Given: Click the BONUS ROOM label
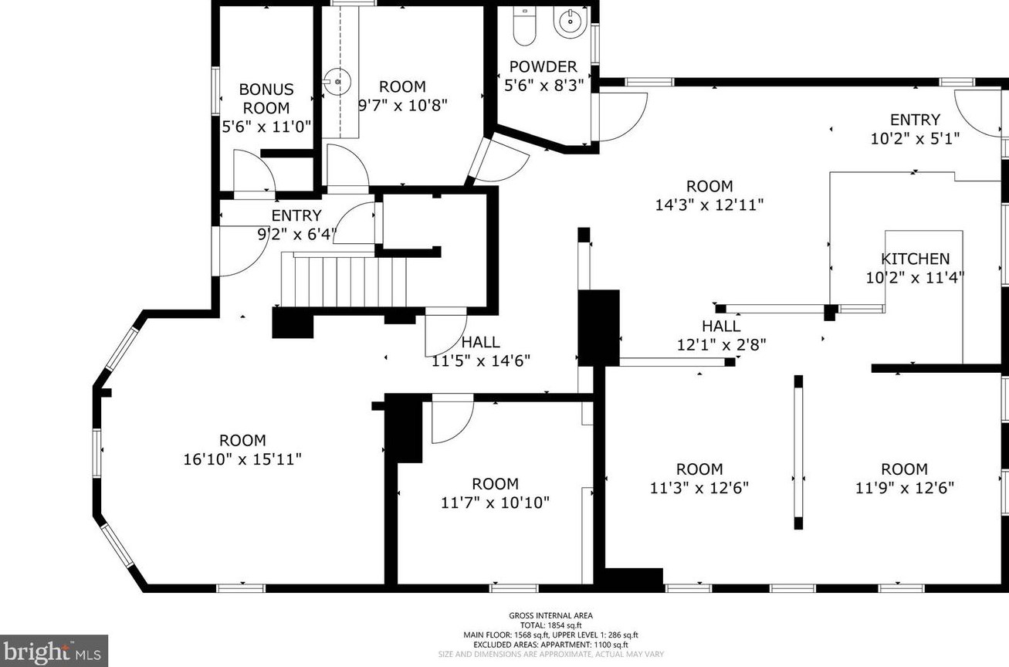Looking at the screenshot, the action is pyautogui.click(x=266, y=99).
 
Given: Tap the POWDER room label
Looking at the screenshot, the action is pyautogui.click(x=543, y=66).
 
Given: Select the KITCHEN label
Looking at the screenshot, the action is pyautogui.click(x=916, y=259).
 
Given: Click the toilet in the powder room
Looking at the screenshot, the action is pyautogui.click(x=524, y=25).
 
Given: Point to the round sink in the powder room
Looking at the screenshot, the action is pyautogui.click(x=571, y=21).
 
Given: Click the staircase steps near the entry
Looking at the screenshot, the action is pyautogui.click(x=344, y=279).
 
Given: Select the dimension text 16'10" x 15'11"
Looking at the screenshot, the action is pyautogui.click(x=242, y=459).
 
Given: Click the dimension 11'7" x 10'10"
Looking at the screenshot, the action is pyautogui.click(x=495, y=503).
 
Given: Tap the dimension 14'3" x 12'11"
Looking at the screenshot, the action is pyautogui.click(x=709, y=205).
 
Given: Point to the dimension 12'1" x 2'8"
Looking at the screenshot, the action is pyautogui.click(x=721, y=345).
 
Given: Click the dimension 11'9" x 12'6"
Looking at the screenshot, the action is pyautogui.click(x=905, y=488).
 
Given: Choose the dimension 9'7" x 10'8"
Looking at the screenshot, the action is pyautogui.click(x=402, y=106).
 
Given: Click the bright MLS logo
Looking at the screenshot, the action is pyautogui.click(x=53, y=651).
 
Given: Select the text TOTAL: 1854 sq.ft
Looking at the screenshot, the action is pyautogui.click(x=551, y=625).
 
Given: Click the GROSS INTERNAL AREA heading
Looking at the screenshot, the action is pyautogui.click(x=551, y=615).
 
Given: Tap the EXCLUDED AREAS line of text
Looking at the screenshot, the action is pyautogui.click(x=551, y=645).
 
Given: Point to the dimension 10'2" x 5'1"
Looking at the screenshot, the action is pyautogui.click(x=915, y=138).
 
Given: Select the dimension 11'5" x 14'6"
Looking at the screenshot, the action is pyautogui.click(x=481, y=361).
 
